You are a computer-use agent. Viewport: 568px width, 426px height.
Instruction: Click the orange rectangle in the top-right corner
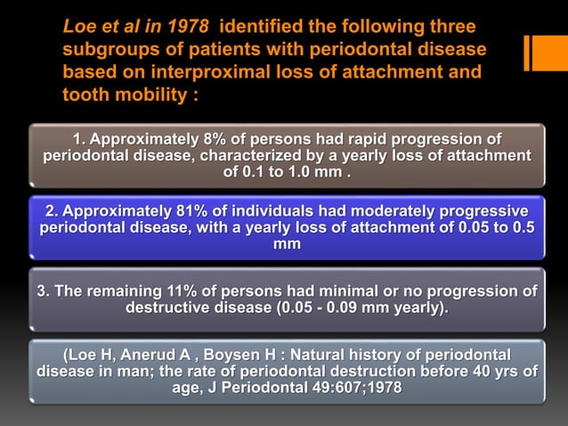tap(548, 53)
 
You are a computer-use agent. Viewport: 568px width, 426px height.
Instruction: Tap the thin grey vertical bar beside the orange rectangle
tap(526, 53)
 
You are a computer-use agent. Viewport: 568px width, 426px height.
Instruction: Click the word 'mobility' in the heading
tap(142, 94)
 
